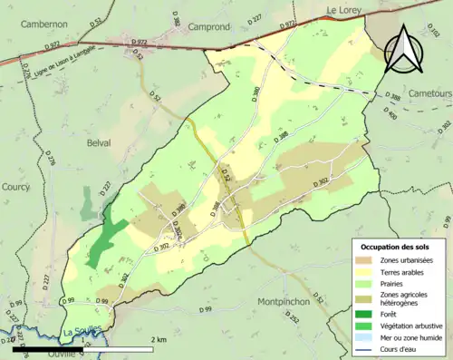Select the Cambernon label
[x=48, y=24]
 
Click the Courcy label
[x=15, y=187]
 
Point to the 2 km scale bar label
[x=159, y=340]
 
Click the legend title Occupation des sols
[x=395, y=248]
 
